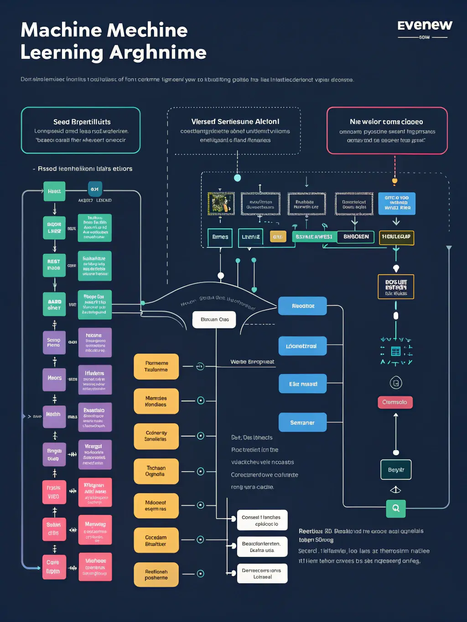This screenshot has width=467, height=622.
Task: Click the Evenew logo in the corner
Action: [x=425, y=26]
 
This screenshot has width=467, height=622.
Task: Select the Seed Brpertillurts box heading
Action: [x=82, y=122]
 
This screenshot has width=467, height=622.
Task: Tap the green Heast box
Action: [x=54, y=191]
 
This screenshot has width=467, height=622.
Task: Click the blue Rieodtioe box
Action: [x=303, y=306]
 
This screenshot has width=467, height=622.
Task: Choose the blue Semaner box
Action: [x=302, y=422]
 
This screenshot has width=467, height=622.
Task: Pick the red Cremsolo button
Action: [x=395, y=402]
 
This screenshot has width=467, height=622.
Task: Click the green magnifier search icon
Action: [x=396, y=508]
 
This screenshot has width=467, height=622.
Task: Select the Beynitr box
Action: [x=396, y=470]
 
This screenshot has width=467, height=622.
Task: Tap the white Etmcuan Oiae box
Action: [x=214, y=319]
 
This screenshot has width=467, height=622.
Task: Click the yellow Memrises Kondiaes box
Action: [x=156, y=401]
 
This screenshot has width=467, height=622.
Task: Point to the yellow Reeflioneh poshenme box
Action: [x=156, y=575]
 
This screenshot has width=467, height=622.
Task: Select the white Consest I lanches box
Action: [x=262, y=520]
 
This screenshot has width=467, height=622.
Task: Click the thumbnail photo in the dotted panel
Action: [x=221, y=203]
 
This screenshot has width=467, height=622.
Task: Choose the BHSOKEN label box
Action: [x=356, y=237]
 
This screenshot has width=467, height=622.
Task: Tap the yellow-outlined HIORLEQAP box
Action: [x=396, y=237]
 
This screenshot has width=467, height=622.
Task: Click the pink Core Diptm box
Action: [x=54, y=567]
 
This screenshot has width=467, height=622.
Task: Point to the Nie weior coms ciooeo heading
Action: [x=386, y=122]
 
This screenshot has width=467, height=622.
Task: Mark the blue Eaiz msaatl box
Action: [x=303, y=384]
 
